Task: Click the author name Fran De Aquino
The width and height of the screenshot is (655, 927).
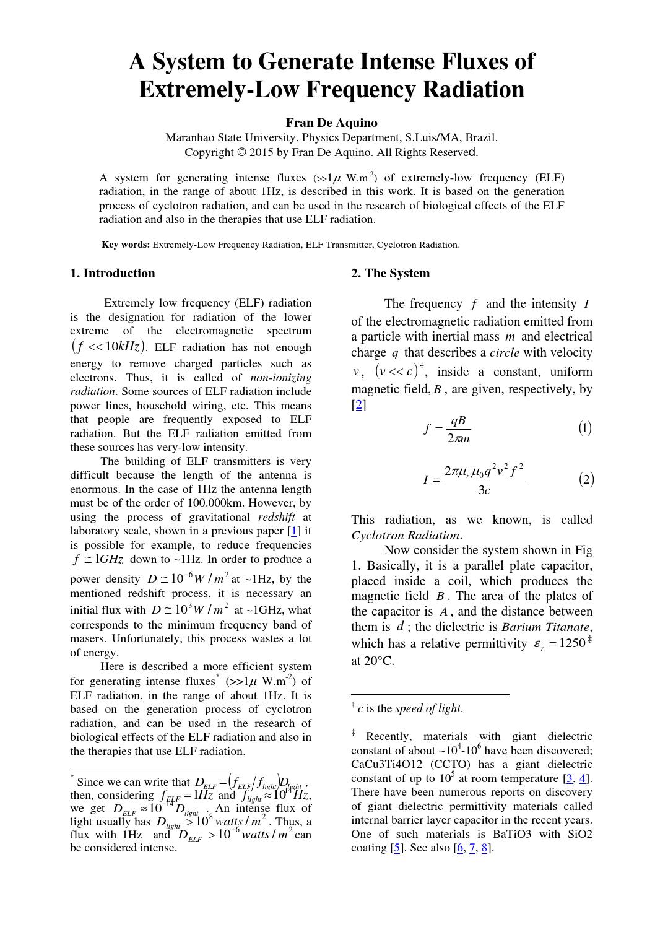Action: coord(331,123)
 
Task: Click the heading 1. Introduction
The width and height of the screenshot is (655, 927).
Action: coord(113,273)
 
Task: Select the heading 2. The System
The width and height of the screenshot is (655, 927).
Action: coord(390,273)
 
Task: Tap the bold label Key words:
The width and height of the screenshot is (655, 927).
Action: coord(126,245)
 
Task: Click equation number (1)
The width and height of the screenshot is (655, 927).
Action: coord(584,428)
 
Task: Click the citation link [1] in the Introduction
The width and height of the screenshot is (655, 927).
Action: coord(295,531)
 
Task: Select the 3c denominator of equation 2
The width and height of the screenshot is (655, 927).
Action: coord(484,490)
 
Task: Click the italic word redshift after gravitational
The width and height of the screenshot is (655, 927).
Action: coord(275,517)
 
